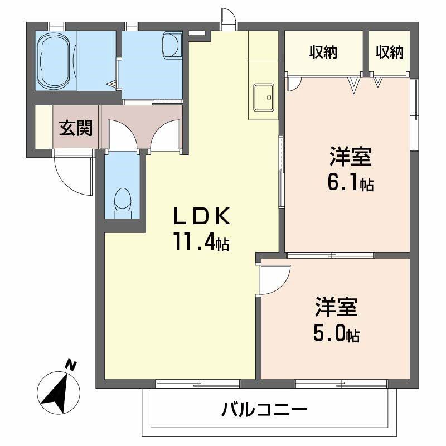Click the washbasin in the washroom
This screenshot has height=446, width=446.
[172, 44]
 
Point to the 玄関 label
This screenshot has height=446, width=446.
[76, 128]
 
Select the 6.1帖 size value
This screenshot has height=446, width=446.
[350, 183]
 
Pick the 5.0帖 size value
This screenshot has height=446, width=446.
[336, 334]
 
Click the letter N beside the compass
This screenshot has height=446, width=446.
[71, 365]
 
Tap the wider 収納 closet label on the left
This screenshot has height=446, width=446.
[324, 52]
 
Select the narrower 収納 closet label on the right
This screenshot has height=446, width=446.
[389, 52]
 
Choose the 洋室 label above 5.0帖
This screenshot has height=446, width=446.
[336, 309]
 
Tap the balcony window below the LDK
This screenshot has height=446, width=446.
[198, 383]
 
